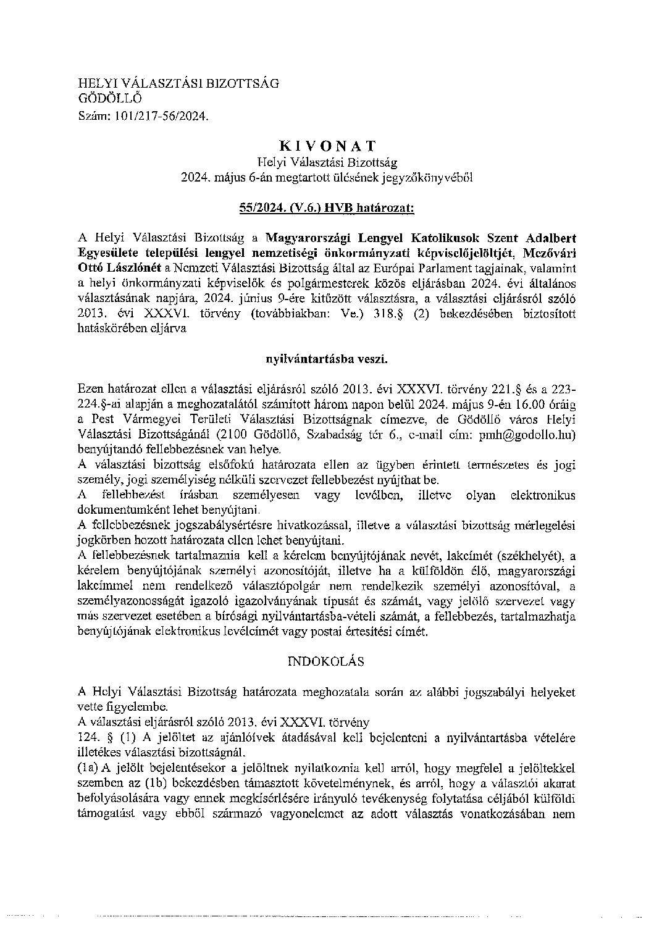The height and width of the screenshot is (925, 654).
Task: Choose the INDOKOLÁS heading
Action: [327, 661]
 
